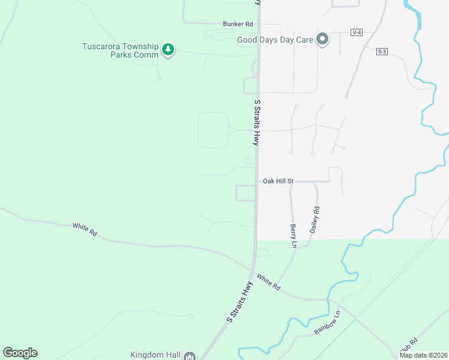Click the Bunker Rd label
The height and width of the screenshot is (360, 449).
point(238,24)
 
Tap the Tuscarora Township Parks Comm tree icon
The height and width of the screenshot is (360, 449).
point(169,50)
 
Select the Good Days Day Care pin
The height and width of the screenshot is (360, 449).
point(322,40)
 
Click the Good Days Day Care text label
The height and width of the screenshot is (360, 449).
point(276,40)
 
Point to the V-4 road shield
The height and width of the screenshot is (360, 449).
point(357,32)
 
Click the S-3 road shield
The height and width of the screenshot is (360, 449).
point(382,52)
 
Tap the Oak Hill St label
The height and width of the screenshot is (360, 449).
point(278,181)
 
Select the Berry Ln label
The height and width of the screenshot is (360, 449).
point(294,236)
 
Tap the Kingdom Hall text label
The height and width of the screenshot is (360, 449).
point(155,355)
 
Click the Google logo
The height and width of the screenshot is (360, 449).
point(20,353)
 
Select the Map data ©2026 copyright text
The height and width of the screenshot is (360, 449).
point(423,355)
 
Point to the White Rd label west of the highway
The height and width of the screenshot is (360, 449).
point(85,229)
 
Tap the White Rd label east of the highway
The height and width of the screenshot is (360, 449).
point(268,282)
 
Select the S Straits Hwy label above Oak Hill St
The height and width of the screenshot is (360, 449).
point(256,122)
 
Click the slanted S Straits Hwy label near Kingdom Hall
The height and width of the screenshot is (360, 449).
point(240,302)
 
